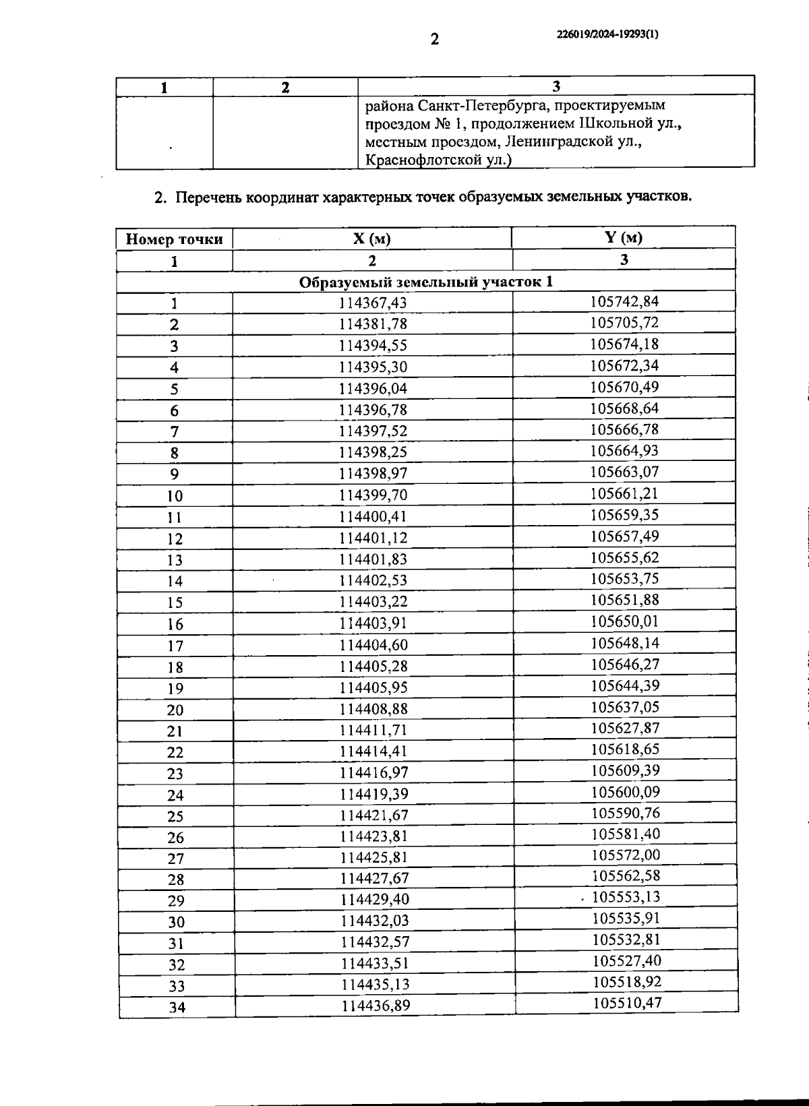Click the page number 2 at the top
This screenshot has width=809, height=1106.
[434, 39]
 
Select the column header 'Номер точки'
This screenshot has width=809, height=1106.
[174, 239]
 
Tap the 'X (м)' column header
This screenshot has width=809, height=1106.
[372, 239]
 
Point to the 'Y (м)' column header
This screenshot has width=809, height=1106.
[623, 237]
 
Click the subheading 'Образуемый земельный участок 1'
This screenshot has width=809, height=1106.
[425, 282]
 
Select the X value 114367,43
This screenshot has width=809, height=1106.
[373, 303]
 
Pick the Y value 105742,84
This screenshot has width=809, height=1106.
[624, 301]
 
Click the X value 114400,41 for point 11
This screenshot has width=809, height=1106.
[373, 516]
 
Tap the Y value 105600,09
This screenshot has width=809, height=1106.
[626, 792]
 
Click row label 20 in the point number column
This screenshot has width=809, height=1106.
[175, 710]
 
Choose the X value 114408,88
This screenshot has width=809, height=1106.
[373, 709]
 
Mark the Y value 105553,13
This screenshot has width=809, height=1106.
[626, 897]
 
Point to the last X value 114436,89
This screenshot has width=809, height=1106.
[376, 1006]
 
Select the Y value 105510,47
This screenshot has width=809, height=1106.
[627, 1003]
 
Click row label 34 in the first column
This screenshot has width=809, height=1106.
[177, 1008]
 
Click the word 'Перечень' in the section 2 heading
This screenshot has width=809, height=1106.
[208, 197]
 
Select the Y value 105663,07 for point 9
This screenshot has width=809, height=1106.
[625, 472]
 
